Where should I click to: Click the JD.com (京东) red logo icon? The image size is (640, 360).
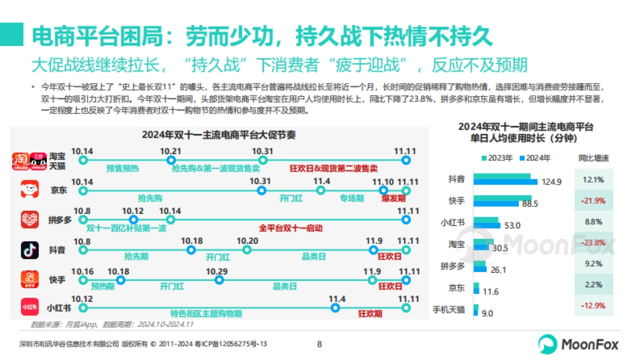coord(30,190)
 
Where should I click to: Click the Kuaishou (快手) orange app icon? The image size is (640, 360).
coord(30,279)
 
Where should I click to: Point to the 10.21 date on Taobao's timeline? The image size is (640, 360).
coord(171,151)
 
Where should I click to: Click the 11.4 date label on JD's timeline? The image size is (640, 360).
coord(322,182)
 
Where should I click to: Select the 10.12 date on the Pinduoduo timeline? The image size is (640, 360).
coord(133,211)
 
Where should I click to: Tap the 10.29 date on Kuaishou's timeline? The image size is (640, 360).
coord(217,271)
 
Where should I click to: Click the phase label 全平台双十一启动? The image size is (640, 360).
coord(291,228)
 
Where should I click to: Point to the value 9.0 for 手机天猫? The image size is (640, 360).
coord(487,313)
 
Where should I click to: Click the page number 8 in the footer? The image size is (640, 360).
coord(319,344)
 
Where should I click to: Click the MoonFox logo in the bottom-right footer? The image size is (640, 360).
coord(578,344)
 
